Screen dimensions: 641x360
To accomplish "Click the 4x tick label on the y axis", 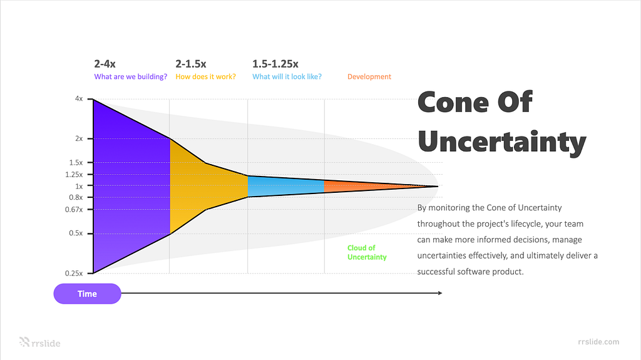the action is click(x=78, y=98).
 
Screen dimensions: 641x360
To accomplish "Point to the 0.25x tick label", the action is click(x=74, y=273).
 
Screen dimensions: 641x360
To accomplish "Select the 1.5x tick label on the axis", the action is click(x=76, y=162).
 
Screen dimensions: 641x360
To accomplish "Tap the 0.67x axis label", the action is click(x=74, y=210).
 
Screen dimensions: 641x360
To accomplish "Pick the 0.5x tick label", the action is click(x=76, y=233).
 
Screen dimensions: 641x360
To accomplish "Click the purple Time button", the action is click(x=87, y=294).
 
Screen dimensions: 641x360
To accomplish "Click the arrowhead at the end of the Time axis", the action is click(x=440, y=293).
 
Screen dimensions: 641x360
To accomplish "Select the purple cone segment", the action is click(x=131, y=186).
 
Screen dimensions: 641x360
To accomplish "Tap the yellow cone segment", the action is click(x=205, y=186).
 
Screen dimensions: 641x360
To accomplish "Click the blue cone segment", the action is click(x=285, y=186).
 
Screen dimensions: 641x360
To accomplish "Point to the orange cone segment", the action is click(x=368, y=186).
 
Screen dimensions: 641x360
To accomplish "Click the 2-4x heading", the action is click(x=105, y=64).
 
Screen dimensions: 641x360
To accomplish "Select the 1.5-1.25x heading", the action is click(x=275, y=64).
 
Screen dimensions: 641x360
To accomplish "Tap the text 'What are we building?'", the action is click(x=130, y=76).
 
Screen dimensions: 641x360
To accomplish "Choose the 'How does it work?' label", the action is click(x=205, y=76).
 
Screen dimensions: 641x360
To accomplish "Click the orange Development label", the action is click(x=369, y=76).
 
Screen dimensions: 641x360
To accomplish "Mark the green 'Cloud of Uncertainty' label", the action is click(x=367, y=252).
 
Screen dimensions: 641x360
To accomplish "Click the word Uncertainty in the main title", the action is click(x=502, y=142).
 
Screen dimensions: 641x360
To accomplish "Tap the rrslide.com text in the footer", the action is click(x=598, y=342).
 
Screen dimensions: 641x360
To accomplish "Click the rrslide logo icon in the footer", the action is click(x=24, y=342).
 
